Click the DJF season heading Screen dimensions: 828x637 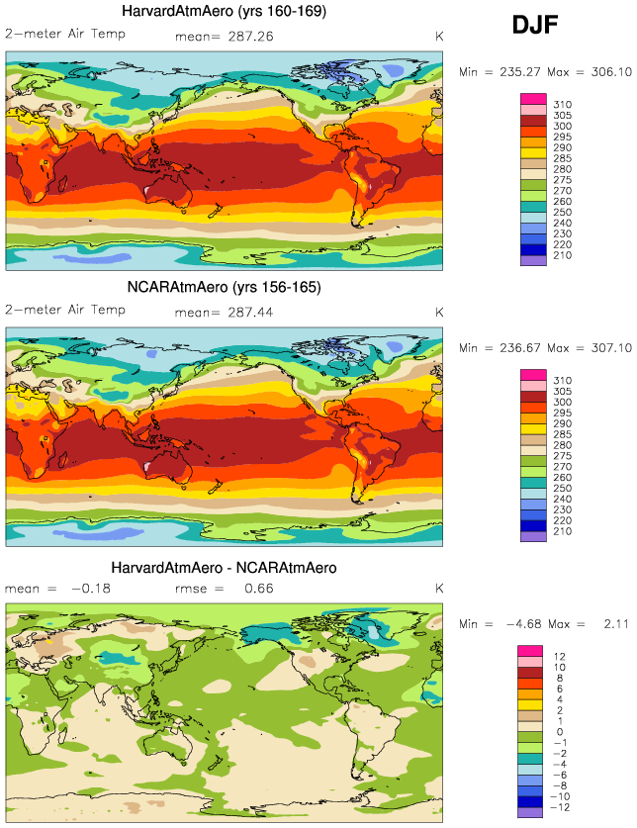536,26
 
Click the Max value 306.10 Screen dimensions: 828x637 595,72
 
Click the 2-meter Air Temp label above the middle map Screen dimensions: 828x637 65,311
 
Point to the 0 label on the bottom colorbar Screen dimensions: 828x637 556,732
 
